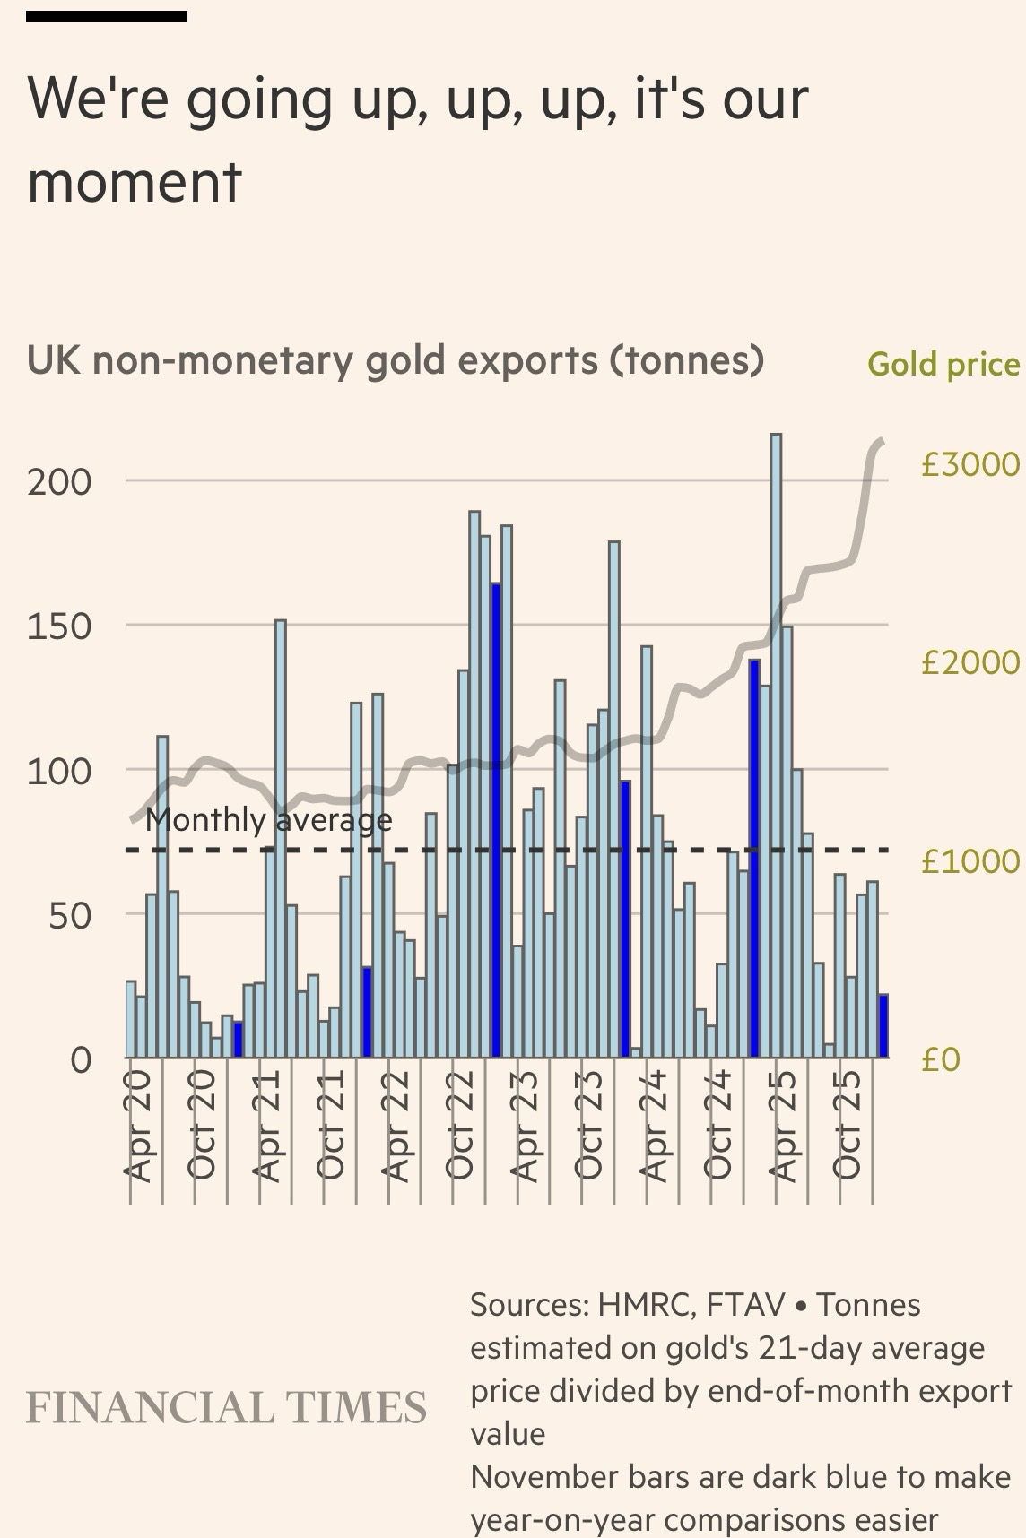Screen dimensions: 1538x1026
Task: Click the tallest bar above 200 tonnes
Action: pos(776,744)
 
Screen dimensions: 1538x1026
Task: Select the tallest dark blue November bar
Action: pos(495,820)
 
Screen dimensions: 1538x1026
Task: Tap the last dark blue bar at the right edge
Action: pos(883,1026)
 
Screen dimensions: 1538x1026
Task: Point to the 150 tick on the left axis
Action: pos(59,626)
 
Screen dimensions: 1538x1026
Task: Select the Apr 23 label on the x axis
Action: pos(526,1125)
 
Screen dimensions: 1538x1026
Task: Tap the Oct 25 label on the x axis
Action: pos(848,1125)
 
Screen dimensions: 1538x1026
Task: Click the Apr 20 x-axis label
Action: pos(139,1125)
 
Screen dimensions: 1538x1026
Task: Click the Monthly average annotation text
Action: pos(268,820)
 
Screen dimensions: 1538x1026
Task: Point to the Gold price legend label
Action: pos(943,365)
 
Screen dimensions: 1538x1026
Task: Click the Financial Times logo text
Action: pos(226,1408)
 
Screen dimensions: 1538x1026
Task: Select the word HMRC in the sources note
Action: pos(646,1305)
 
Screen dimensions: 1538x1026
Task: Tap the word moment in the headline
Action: pos(135,181)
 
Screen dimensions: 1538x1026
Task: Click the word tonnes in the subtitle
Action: pos(686,360)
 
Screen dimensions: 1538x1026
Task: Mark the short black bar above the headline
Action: pos(107,16)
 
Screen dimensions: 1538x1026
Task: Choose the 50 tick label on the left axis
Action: pos(70,915)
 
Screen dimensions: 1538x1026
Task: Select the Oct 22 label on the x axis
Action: pos(460,1125)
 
